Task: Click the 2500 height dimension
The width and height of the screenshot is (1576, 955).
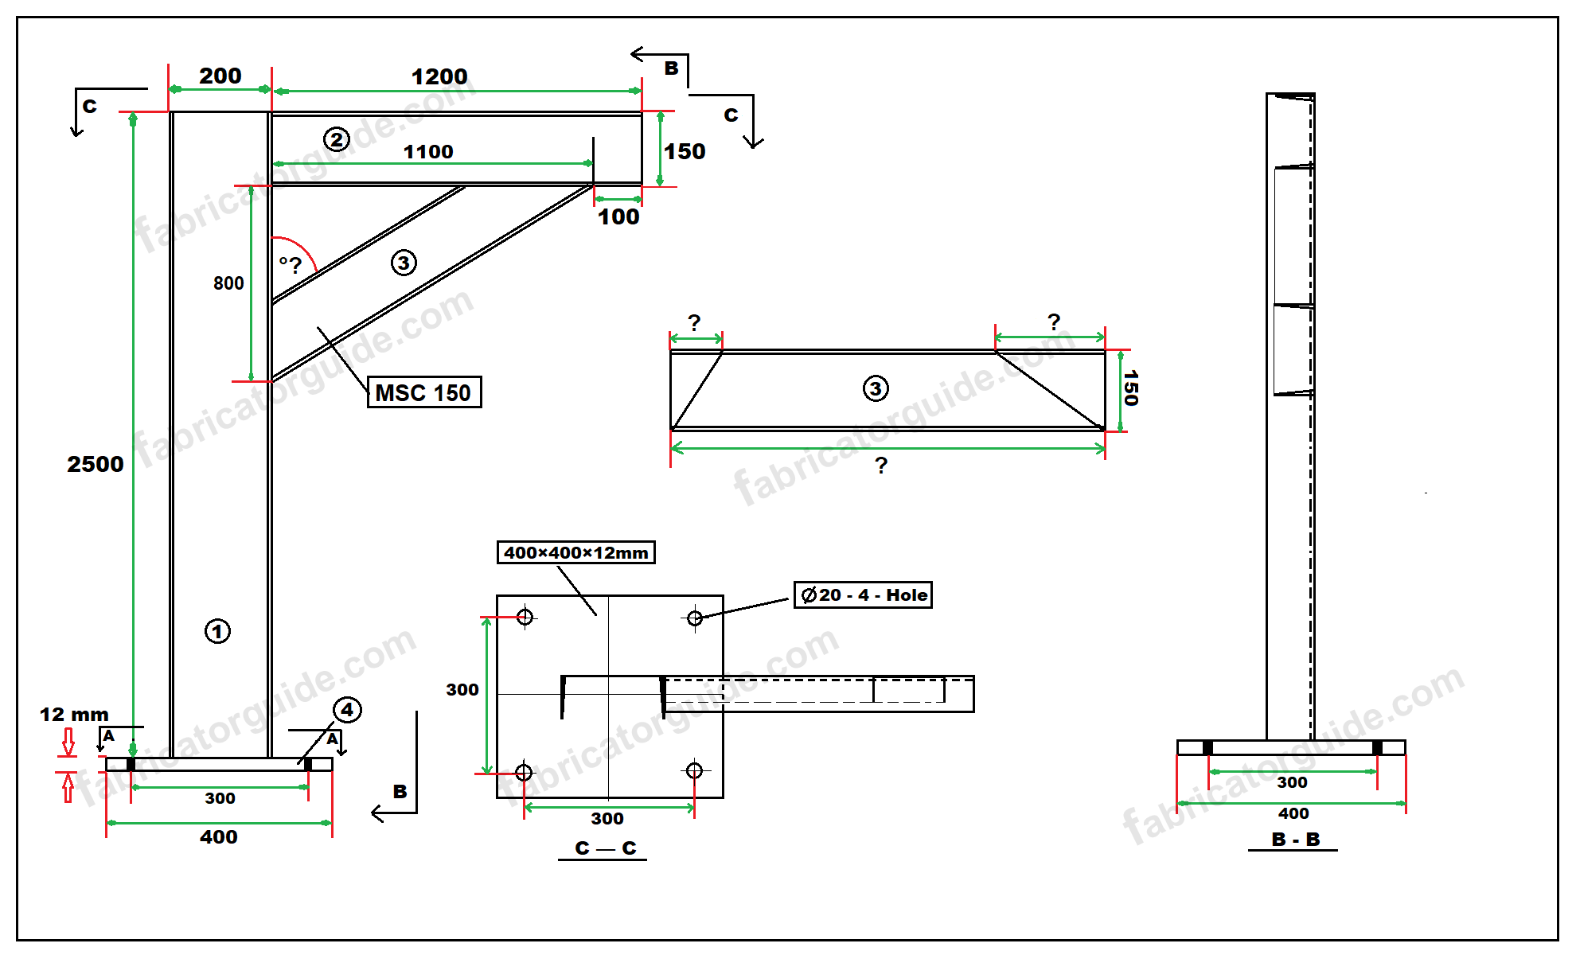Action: click(x=96, y=464)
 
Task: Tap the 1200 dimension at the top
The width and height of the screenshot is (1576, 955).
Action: click(x=439, y=77)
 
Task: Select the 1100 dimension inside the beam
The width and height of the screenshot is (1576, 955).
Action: click(x=428, y=151)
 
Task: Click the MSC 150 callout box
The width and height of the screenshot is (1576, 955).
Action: click(x=423, y=392)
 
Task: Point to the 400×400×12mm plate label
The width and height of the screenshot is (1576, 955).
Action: click(x=575, y=552)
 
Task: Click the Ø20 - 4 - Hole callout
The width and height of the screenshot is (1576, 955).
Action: click(x=863, y=595)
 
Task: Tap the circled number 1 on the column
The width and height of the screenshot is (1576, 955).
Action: click(x=217, y=631)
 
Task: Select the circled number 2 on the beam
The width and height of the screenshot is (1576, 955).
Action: click(x=337, y=139)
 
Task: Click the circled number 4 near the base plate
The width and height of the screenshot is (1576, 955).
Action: click(x=347, y=709)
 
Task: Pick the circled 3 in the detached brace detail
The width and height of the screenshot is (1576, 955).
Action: click(x=876, y=388)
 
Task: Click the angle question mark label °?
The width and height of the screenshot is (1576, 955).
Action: click(x=291, y=264)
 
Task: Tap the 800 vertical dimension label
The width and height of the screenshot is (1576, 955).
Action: click(x=228, y=283)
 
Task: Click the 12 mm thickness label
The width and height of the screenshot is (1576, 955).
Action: click(x=74, y=715)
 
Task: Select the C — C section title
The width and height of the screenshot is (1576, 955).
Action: click(x=605, y=848)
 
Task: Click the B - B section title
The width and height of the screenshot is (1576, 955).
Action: click(x=1295, y=840)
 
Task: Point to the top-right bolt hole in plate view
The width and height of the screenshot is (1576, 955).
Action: click(x=694, y=618)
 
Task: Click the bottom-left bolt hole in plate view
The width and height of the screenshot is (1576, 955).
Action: click(x=524, y=771)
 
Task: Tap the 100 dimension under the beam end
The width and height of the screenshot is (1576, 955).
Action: click(x=618, y=216)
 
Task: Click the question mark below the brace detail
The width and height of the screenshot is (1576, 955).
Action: click(x=881, y=466)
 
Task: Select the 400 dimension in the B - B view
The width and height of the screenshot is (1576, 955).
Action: click(x=1293, y=813)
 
